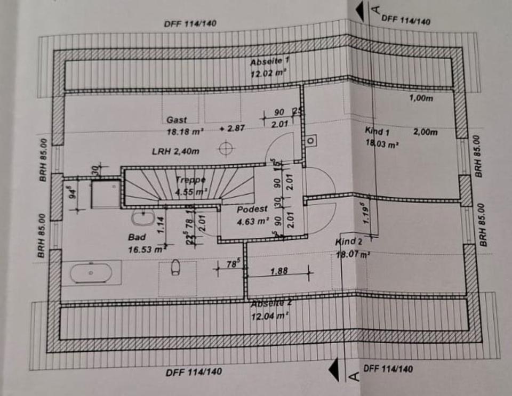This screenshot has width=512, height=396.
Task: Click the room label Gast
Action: (177, 120)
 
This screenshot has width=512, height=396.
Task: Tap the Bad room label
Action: (137, 237)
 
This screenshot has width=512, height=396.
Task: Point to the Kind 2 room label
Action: (349, 243)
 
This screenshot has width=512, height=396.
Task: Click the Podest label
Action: (253, 209)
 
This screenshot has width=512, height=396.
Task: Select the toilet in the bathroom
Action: (175, 267)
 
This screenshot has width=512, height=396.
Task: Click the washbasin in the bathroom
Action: (143, 217)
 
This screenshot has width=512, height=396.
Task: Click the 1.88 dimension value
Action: (279, 271)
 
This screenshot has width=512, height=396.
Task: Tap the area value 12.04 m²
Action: (270, 316)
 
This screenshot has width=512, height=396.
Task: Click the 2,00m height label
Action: (425, 131)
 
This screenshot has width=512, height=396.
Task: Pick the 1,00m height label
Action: (421, 98)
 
